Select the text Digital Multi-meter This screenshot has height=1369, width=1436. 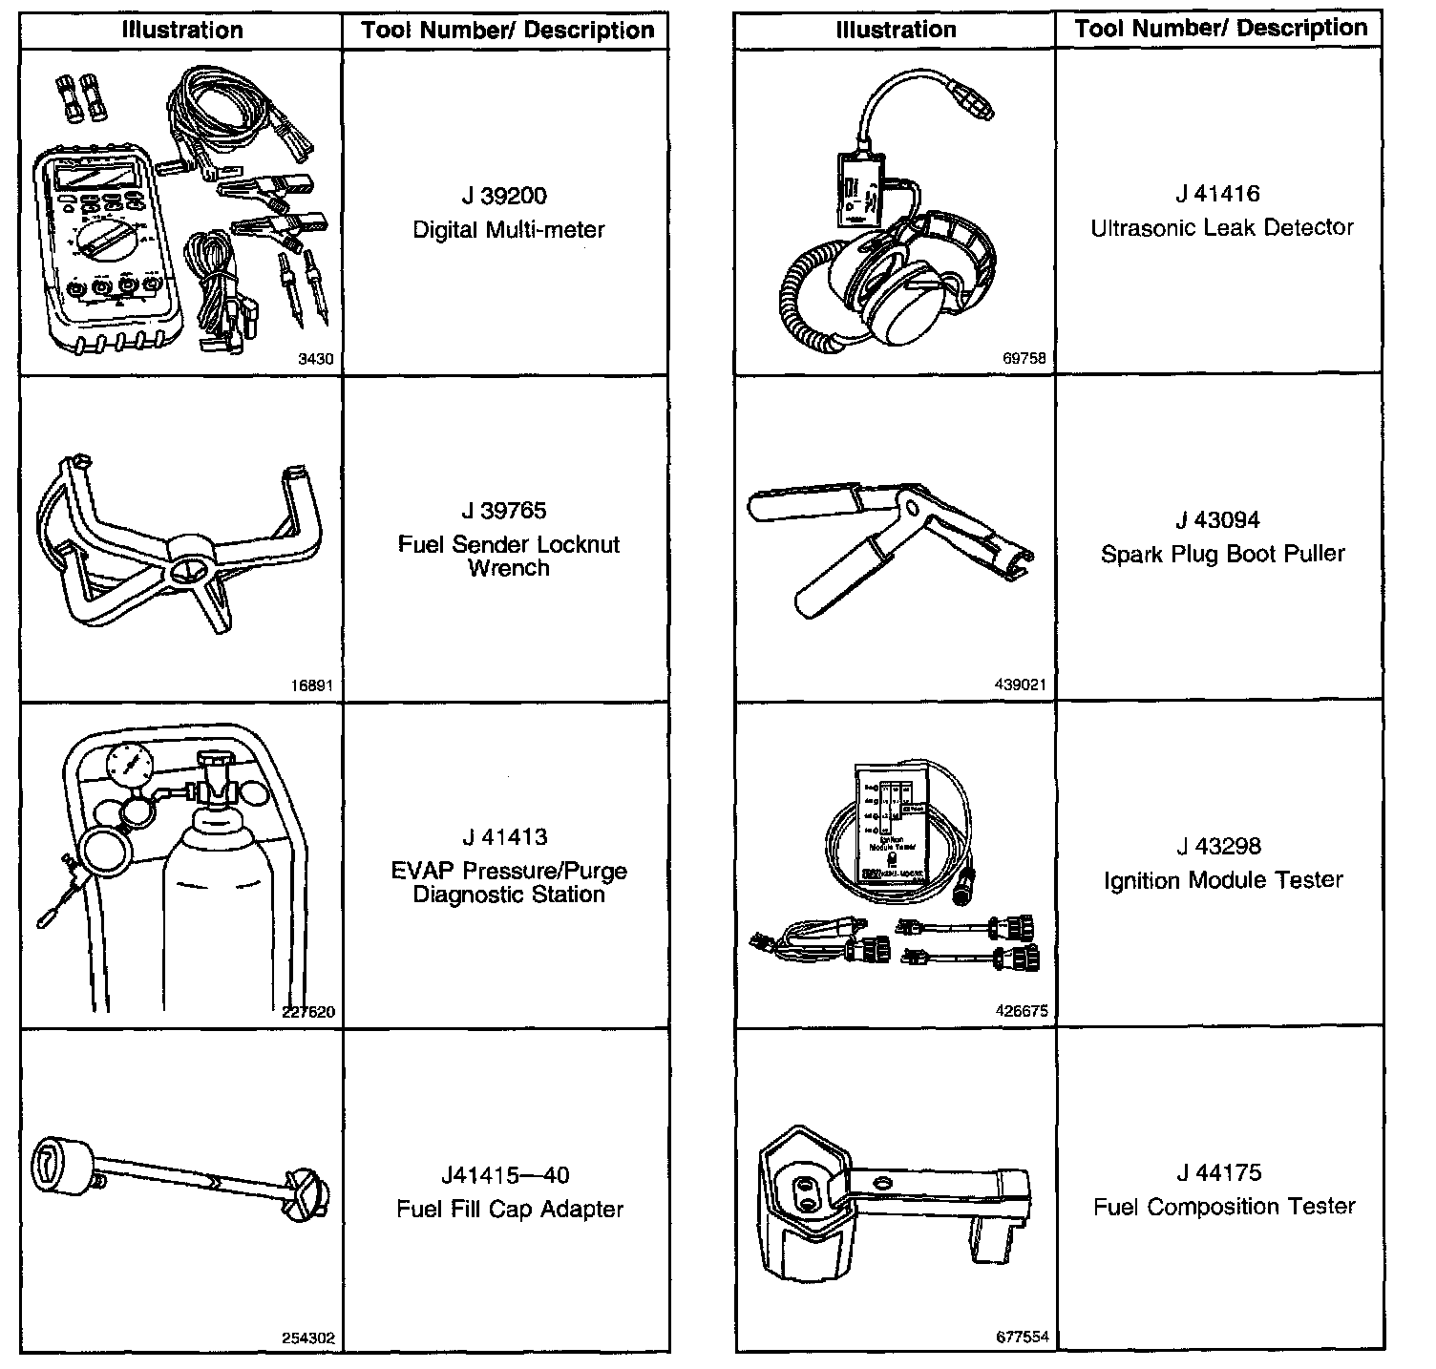[508, 230]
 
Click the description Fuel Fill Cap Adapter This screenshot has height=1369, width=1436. [509, 1210]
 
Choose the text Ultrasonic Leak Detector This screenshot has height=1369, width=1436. [1222, 228]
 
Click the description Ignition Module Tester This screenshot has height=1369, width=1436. [1223, 880]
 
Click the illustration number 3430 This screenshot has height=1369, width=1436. [316, 360]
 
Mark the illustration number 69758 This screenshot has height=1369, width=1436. [1024, 359]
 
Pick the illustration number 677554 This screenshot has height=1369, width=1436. [1022, 1337]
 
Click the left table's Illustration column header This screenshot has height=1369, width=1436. [181, 31]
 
